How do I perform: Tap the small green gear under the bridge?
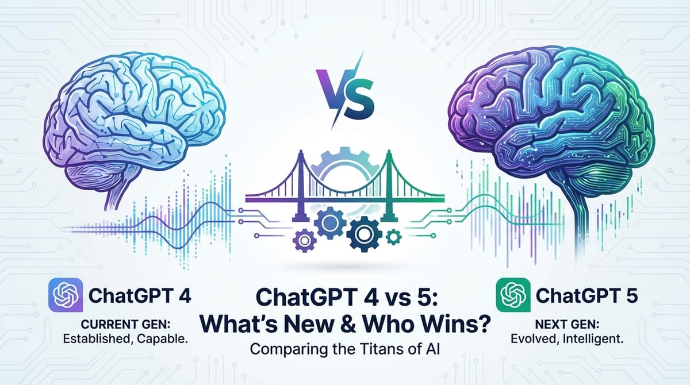(x=393, y=236)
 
